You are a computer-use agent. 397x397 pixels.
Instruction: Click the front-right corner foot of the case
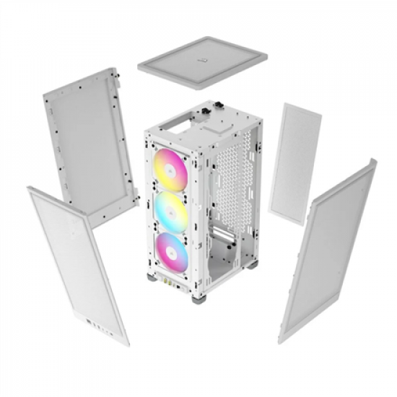(x=197, y=297)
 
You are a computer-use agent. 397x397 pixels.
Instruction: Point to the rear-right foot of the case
(x=252, y=263)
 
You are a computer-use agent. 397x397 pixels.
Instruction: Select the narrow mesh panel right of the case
(x=295, y=163)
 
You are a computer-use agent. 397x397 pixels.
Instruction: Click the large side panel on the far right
(x=327, y=249)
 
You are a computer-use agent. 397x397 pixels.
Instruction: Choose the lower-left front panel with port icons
(x=78, y=264)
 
